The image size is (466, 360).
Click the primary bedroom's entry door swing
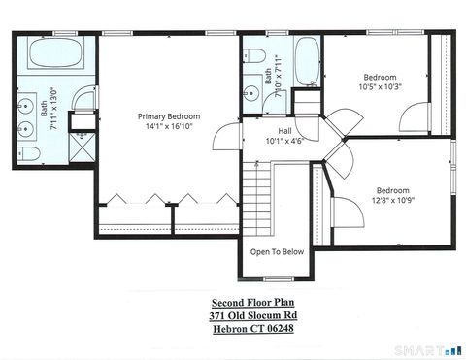tap(225, 137)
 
